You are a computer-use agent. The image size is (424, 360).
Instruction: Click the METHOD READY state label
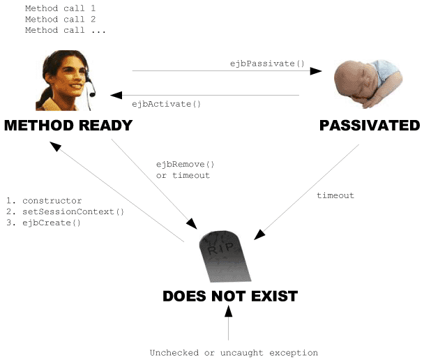68,126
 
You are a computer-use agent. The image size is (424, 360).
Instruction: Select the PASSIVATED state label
370,126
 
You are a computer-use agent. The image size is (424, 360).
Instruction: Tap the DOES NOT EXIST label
230,296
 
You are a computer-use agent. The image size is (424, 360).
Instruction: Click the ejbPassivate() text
268,63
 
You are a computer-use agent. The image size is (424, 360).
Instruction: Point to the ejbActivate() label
166,104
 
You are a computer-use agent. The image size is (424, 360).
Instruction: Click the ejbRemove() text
185,165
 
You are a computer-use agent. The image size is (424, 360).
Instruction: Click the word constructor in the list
52,200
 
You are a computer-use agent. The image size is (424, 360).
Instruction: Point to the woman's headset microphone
91,91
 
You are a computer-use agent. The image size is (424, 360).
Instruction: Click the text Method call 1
60,8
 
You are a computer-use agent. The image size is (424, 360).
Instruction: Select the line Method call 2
60,20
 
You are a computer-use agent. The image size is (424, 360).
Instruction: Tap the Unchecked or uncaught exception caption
234,352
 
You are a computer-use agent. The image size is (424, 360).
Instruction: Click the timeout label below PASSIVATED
335,195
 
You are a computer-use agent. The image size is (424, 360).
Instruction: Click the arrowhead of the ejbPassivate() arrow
317,70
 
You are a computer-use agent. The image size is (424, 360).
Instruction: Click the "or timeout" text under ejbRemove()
183,175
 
